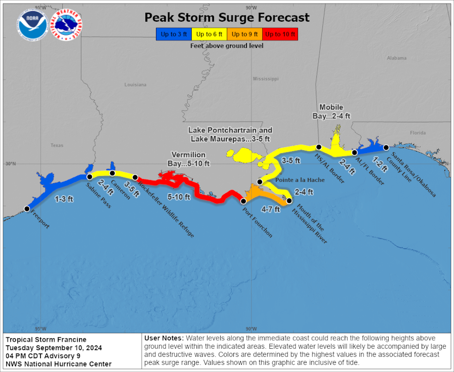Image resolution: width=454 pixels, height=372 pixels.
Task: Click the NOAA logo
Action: click(x=32, y=25)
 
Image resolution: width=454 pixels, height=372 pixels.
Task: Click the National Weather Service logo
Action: click(x=66, y=25)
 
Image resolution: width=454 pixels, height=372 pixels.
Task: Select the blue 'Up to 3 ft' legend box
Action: click(x=174, y=34)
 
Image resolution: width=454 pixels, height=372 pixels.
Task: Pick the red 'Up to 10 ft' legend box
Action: click(x=280, y=34)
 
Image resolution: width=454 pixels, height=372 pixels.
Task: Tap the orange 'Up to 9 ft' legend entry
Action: click(x=245, y=34)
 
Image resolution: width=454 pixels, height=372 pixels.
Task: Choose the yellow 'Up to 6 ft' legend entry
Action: click(x=209, y=34)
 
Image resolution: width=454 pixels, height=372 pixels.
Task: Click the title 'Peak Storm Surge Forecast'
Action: click(x=227, y=17)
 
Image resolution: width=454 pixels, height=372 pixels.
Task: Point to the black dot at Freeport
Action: click(x=27, y=209)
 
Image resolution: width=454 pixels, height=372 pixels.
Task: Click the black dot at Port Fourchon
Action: click(x=243, y=201)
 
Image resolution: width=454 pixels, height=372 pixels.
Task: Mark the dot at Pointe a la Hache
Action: click(x=260, y=182)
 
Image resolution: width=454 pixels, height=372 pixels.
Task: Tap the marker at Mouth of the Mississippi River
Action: click(x=289, y=201)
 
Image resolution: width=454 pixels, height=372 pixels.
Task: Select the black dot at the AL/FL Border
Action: click(x=354, y=153)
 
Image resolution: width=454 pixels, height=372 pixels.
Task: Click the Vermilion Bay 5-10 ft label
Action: click(x=188, y=159)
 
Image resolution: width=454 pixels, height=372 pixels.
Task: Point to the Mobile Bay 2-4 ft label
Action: click(x=331, y=112)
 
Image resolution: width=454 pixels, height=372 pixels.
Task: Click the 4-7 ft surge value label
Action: click(x=271, y=209)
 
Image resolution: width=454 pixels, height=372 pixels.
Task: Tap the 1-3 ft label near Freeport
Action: click(x=64, y=199)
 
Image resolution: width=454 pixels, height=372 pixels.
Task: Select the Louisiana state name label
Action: click(x=135, y=85)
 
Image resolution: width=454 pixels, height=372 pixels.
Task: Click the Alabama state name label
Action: click(x=397, y=58)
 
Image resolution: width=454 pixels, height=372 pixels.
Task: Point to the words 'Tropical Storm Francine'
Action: click(x=46, y=340)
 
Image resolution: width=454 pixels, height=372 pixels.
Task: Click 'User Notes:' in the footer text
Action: click(x=164, y=338)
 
